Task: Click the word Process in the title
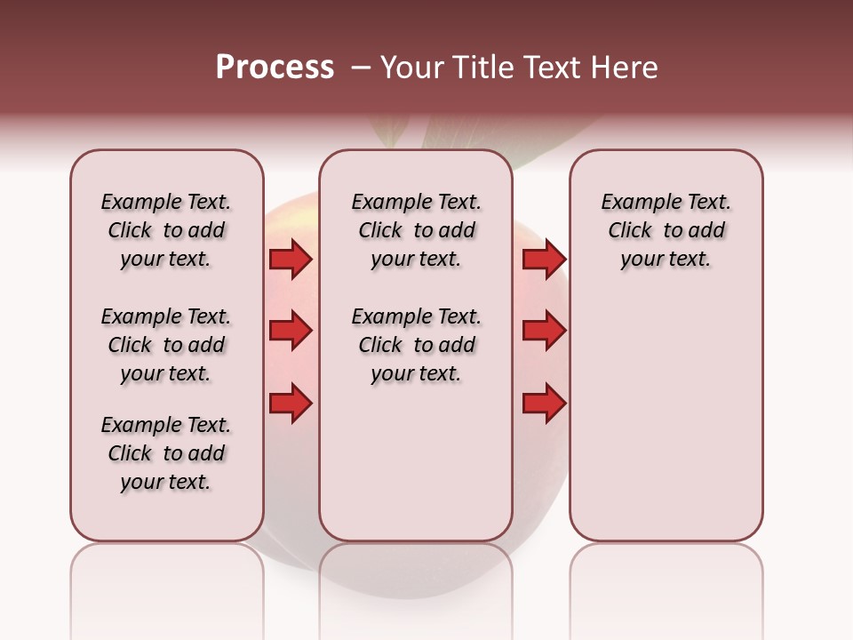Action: point(275,68)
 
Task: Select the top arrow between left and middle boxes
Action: point(291,260)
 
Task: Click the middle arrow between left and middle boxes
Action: point(291,332)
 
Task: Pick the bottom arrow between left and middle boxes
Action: point(291,404)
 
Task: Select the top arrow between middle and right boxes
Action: point(544,260)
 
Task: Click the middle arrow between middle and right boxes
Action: point(544,332)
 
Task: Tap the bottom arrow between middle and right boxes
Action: point(544,404)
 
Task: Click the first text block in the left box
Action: point(166,230)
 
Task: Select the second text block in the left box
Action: point(166,345)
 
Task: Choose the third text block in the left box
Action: point(166,453)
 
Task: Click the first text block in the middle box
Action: point(416,230)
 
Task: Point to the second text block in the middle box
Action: point(416,345)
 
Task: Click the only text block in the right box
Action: point(666,230)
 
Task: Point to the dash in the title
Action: point(361,68)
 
